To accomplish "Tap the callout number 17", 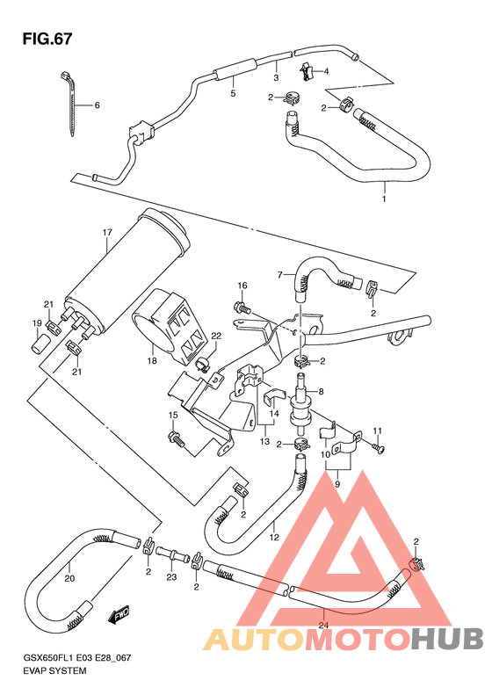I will tap(107, 233).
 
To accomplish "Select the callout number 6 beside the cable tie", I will tap(97, 105).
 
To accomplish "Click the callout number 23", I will tap(172, 576).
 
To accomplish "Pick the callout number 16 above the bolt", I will tap(242, 286).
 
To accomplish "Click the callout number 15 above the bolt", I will tap(174, 416).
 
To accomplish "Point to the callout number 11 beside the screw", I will tap(379, 430).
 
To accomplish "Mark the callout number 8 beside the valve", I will tap(321, 393).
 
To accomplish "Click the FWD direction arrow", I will tap(119, 617).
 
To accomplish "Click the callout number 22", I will tap(215, 336).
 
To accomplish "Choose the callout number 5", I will tap(233, 92).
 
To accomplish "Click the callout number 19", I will tap(38, 324).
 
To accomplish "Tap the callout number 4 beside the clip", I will tap(325, 71).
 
